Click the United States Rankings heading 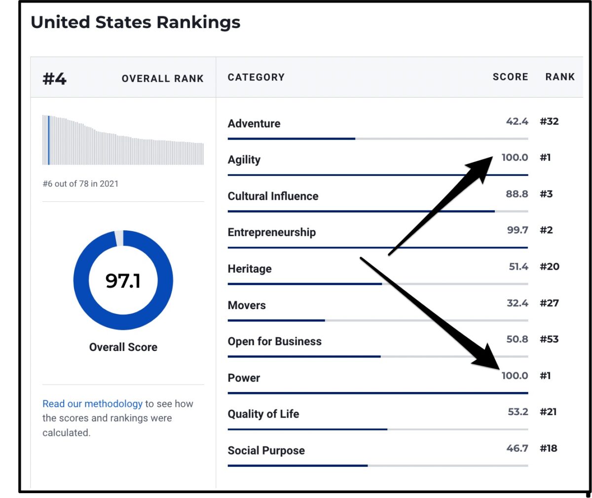click(135, 23)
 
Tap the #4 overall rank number click(54, 79)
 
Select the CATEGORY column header click(256, 77)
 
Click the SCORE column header click(510, 77)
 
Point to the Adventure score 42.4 click(517, 121)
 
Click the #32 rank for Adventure click(549, 121)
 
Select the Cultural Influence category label click(273, 196)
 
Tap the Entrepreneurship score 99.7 click(518, 230)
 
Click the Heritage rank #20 click(549, 267)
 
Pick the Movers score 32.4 click(517, 303)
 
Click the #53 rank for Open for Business click(549, 339)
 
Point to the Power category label click(244, 378)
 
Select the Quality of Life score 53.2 click(518, 412)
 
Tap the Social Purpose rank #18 click(548, 448)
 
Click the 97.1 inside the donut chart click(123, 281)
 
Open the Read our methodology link click(92, 404)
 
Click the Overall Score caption click(123, 347)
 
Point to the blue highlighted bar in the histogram click(48, 140)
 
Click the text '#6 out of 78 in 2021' click(80, 184)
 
